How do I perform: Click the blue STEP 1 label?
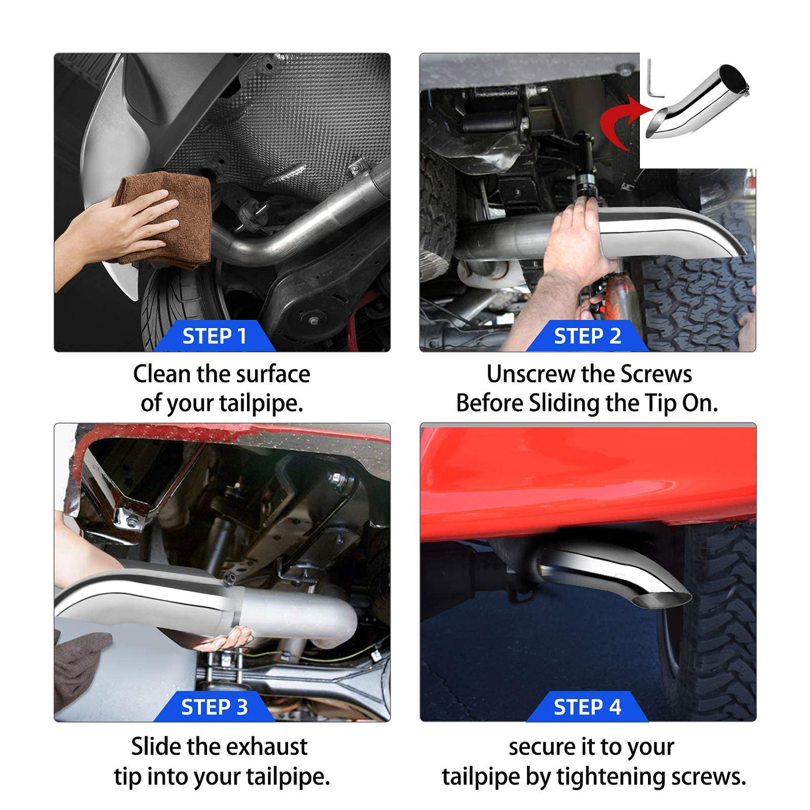(x=215, y=336)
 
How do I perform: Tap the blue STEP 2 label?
(x=587, y=336)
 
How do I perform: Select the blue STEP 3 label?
(x=215, y=708)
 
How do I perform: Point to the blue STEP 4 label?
(x=587, y=708)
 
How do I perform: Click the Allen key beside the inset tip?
(x=654, y=79)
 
